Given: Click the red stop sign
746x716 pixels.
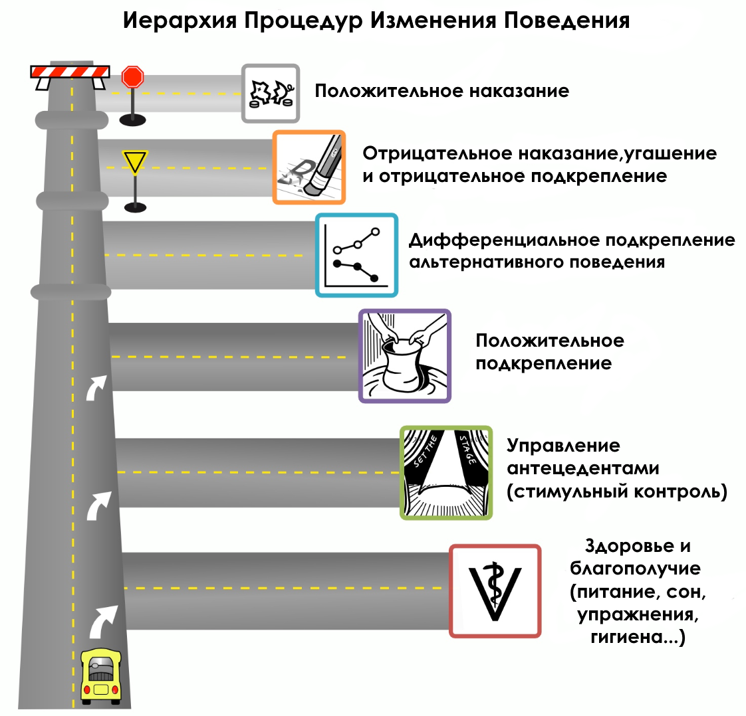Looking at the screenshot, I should click(132, 77).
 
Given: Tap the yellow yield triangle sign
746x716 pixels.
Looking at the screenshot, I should click(134, 161).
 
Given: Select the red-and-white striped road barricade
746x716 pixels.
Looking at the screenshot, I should click(70, 72).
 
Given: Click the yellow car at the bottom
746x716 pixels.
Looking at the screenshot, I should click(100, 676).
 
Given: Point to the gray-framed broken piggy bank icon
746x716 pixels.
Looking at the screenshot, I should click(271, 94).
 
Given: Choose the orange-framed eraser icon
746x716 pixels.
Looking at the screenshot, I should click(309, 167).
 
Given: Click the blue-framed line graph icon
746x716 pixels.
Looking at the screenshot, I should click(356, 255).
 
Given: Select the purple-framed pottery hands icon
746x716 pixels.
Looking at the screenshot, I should click(404, 356).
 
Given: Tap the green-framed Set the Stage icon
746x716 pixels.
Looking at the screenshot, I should click(446, 472).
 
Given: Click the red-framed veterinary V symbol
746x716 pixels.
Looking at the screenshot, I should click(495, 590).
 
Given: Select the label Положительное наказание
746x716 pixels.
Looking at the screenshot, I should click(441, 91).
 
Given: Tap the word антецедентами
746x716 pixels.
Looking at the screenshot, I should click(582, 469).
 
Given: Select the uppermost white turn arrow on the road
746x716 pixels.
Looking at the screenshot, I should click(96, 387).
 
